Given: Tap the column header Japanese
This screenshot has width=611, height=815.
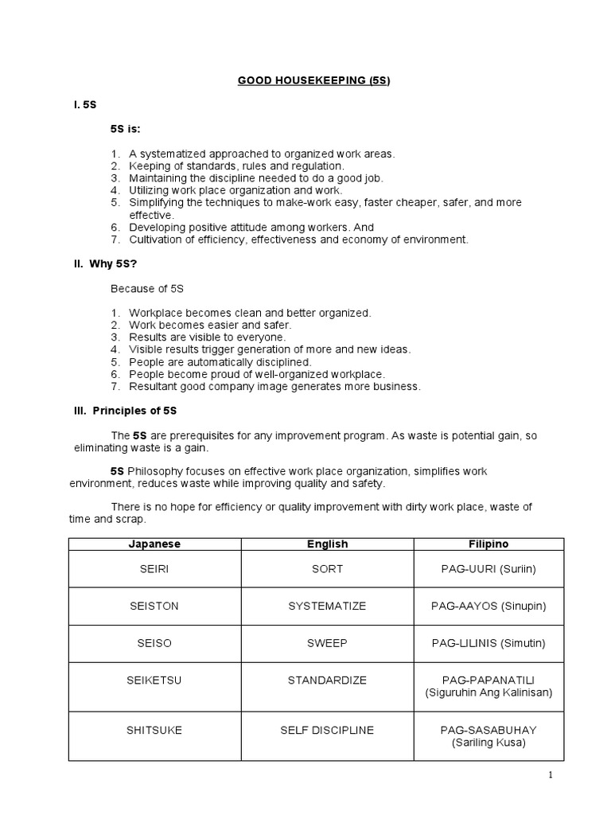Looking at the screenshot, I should click(x=154, y=544).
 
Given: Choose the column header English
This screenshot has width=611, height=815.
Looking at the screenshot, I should click(x=327, y=544).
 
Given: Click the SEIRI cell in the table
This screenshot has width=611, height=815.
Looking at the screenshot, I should click(x=154, y=569).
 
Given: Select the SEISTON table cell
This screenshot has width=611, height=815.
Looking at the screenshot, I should click(x=154, y=606).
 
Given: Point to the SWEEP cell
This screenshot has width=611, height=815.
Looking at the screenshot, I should click(x=327, y=643).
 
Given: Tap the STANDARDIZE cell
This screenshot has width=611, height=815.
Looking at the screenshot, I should click(x=327, y=686).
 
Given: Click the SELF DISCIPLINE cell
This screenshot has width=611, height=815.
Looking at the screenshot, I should click(x=327, y=730).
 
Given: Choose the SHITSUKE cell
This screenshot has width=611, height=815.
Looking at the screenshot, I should click(x=154, y=730).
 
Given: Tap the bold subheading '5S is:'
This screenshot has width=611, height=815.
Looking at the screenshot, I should click(x=126, y=129).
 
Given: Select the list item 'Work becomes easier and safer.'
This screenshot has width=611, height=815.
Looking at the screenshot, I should click(x=210, y=326).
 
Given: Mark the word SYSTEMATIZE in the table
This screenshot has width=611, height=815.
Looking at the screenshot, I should click(x=327, y=606).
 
